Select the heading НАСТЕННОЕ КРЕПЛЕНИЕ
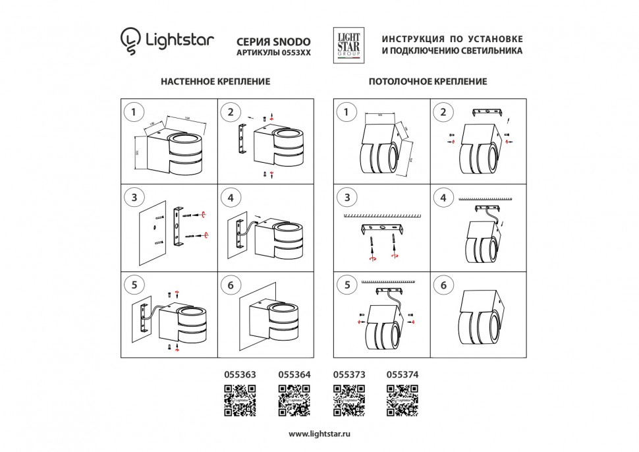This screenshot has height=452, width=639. click(x=215, y=82)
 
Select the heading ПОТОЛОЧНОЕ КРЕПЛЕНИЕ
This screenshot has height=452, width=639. click(x=428, y=82)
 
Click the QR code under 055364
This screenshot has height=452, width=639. click(x=294, y=401)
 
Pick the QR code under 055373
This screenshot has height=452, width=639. click(x=349, y=401)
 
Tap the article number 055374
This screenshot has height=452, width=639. click(x=403, y=374)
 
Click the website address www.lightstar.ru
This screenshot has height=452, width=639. click(x=319, y=434)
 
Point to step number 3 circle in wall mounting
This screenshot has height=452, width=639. click(x=134, y=198)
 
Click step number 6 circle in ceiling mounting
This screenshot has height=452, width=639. click(x=443, y=285)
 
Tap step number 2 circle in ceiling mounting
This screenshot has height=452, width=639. click(x=443, y=112)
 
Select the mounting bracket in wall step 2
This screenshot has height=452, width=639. click(x=242, y=140)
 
